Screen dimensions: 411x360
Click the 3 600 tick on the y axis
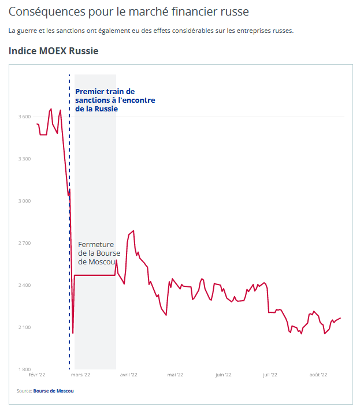[x=24, y=117]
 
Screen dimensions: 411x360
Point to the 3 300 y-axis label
[x=24, y=159]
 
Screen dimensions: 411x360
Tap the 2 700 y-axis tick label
[x=24, y=243]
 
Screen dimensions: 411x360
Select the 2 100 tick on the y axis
[x=24, y=327]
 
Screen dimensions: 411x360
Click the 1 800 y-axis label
[x=24, y=369]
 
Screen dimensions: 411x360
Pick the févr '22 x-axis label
[x=37, y=375]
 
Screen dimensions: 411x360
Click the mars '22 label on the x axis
[x=80, y=375]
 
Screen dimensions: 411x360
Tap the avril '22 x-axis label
[x=128, y=375]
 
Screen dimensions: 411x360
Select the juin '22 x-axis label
[x=223, y=375]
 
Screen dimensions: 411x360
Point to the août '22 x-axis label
[x=318, y=375]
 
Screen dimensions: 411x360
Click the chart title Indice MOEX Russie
[x=54, y=51]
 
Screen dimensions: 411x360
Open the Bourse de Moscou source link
[x=54, y=391]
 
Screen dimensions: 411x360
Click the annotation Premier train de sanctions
[x=115, y=100]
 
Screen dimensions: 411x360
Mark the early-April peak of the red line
[x=133, y=231]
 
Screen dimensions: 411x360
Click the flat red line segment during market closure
[x=95, y=275]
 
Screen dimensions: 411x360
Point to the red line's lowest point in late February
[x=73, y=333]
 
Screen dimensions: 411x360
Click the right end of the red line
[x=340, y=318]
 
